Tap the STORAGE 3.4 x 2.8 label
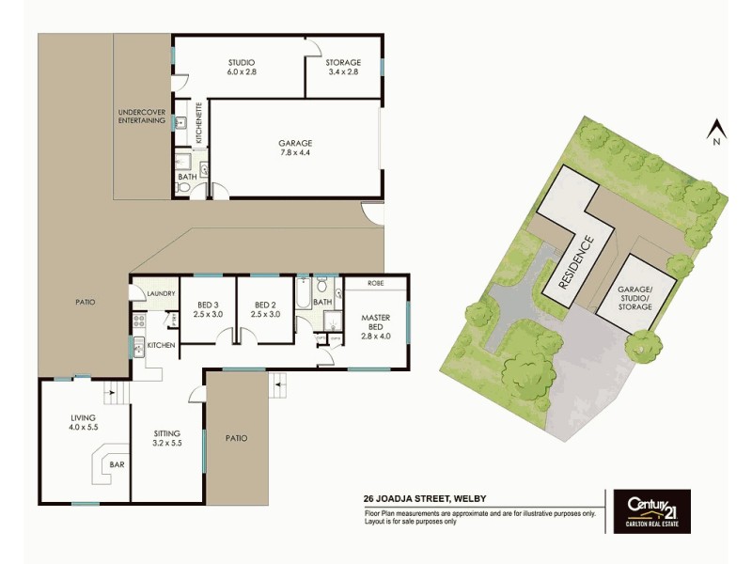pos(342,67)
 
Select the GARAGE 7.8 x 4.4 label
pos(295,147)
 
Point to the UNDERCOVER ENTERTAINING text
pos(142,117)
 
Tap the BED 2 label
pos(266,309)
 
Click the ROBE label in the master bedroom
pos(374,283)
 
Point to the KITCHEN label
pos(161,346)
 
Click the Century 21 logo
pos(651,511)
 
